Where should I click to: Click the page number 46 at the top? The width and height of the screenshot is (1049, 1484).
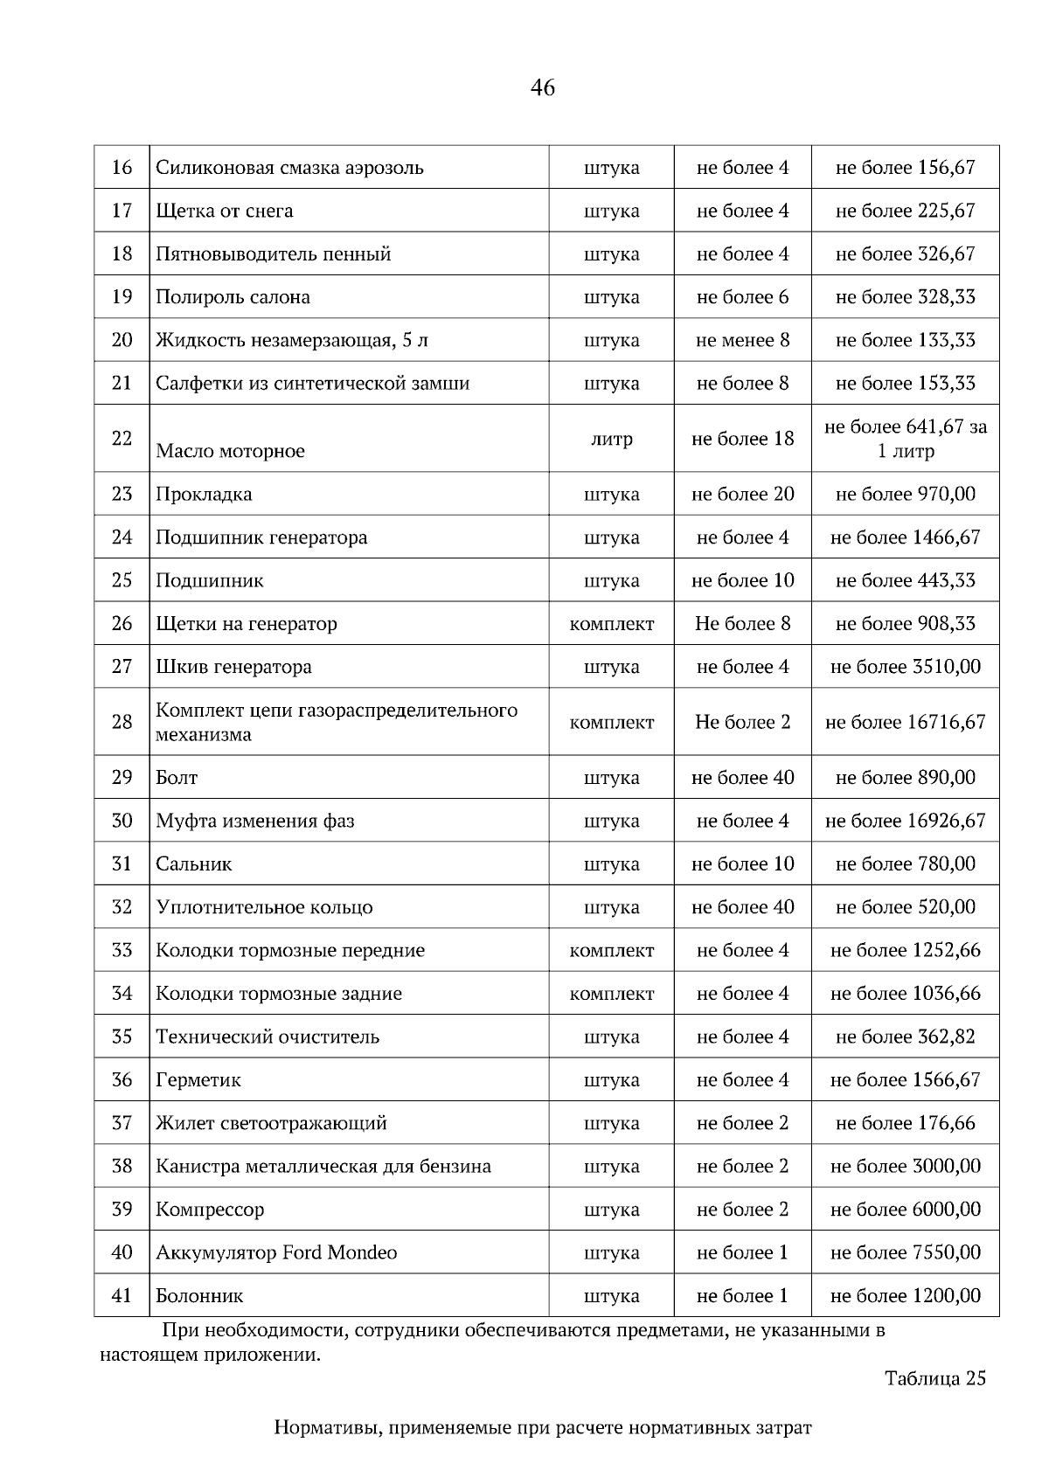point(542,87)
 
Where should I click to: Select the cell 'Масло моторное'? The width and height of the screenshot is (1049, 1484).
point(231,451)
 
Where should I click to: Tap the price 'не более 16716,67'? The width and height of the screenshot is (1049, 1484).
point(905,722)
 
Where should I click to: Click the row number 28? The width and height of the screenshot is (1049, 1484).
point(122,722)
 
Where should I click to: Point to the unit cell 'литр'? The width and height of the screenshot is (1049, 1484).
point(611,439)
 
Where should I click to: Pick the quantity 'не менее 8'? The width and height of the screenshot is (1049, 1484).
point(742,340)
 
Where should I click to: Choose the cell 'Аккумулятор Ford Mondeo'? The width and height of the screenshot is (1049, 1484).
point(276,1252)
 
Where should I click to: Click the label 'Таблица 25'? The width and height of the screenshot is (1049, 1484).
point(934,1378)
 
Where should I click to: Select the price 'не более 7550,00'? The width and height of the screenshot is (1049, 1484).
point(905,1252)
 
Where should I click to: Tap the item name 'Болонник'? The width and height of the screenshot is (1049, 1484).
point(199,1295)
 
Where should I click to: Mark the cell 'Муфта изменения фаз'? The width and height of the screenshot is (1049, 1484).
point(255,821)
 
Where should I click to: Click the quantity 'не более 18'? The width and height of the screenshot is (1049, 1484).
point(742,439)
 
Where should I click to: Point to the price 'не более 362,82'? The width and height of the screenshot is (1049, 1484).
point(905,1037)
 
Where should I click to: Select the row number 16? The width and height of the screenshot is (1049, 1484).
point(122,167)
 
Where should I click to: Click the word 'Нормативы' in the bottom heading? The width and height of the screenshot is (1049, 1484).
point(327,1428)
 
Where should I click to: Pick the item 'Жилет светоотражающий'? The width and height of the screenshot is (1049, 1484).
point(271,1123)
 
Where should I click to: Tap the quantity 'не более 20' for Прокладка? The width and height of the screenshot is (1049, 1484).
point(742,494)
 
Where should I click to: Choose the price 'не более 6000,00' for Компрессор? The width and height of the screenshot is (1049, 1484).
point(905,1210)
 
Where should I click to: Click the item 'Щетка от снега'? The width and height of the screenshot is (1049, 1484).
point(225,211)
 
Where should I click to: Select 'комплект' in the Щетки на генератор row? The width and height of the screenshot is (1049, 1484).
point(611,623)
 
